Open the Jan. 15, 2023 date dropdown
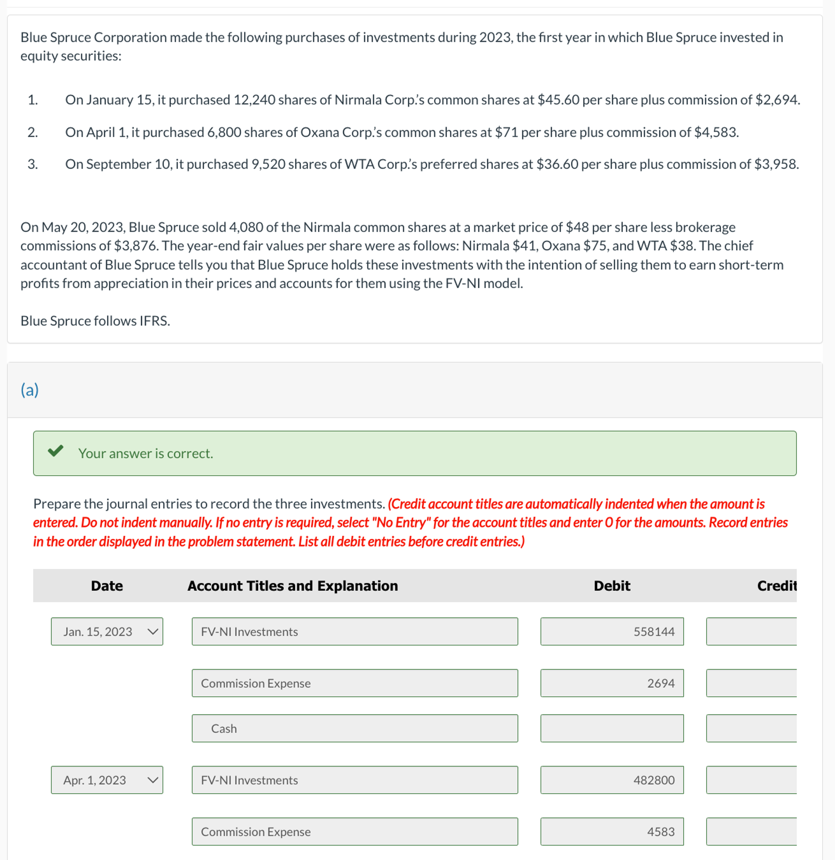pos(107,631)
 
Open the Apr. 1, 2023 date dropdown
pos(107,780)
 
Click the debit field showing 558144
pos(612,631)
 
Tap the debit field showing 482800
pos(612,780)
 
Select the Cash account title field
pos(355,728)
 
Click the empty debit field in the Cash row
pos(612,728)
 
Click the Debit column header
pos(612,586)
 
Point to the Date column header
pos(107,586)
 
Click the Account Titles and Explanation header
pos(293,586)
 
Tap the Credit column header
pos(776,586)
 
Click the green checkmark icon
pos(56,451)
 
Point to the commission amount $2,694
pos(777,100)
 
